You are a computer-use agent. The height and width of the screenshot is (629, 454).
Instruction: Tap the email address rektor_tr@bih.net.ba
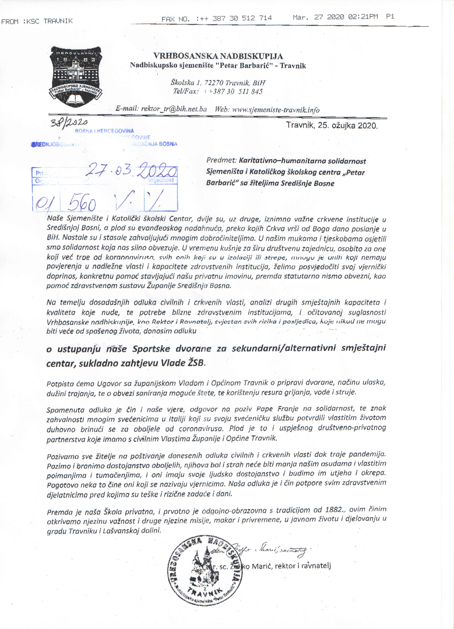coord(174,109)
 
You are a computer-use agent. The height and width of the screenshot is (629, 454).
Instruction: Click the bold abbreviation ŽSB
coord(196,363)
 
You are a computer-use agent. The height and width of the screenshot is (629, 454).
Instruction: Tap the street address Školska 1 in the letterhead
coord(185,82)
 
